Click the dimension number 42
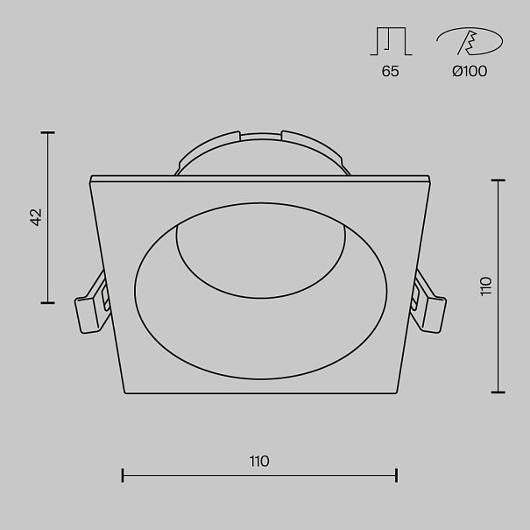pyautogui.click(x=36, y=217)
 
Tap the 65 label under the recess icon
pyautogui.click(x=390, y=71)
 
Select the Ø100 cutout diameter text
pyautogui.click(x=470, y=71)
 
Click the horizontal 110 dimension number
pyautogui.click(x=259, y=461)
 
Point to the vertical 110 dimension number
pyautogui.click(x=485, y=286)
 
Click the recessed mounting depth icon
pyautogui.click(x=391, y=41)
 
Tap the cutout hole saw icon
pyautogui.click(x=470, y=41)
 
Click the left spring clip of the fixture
pyautogui.click(x=92, y=303)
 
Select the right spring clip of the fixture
pyautogui.click(x=428, y=301)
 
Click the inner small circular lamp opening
pyautogui.click(x=260, y=251)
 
